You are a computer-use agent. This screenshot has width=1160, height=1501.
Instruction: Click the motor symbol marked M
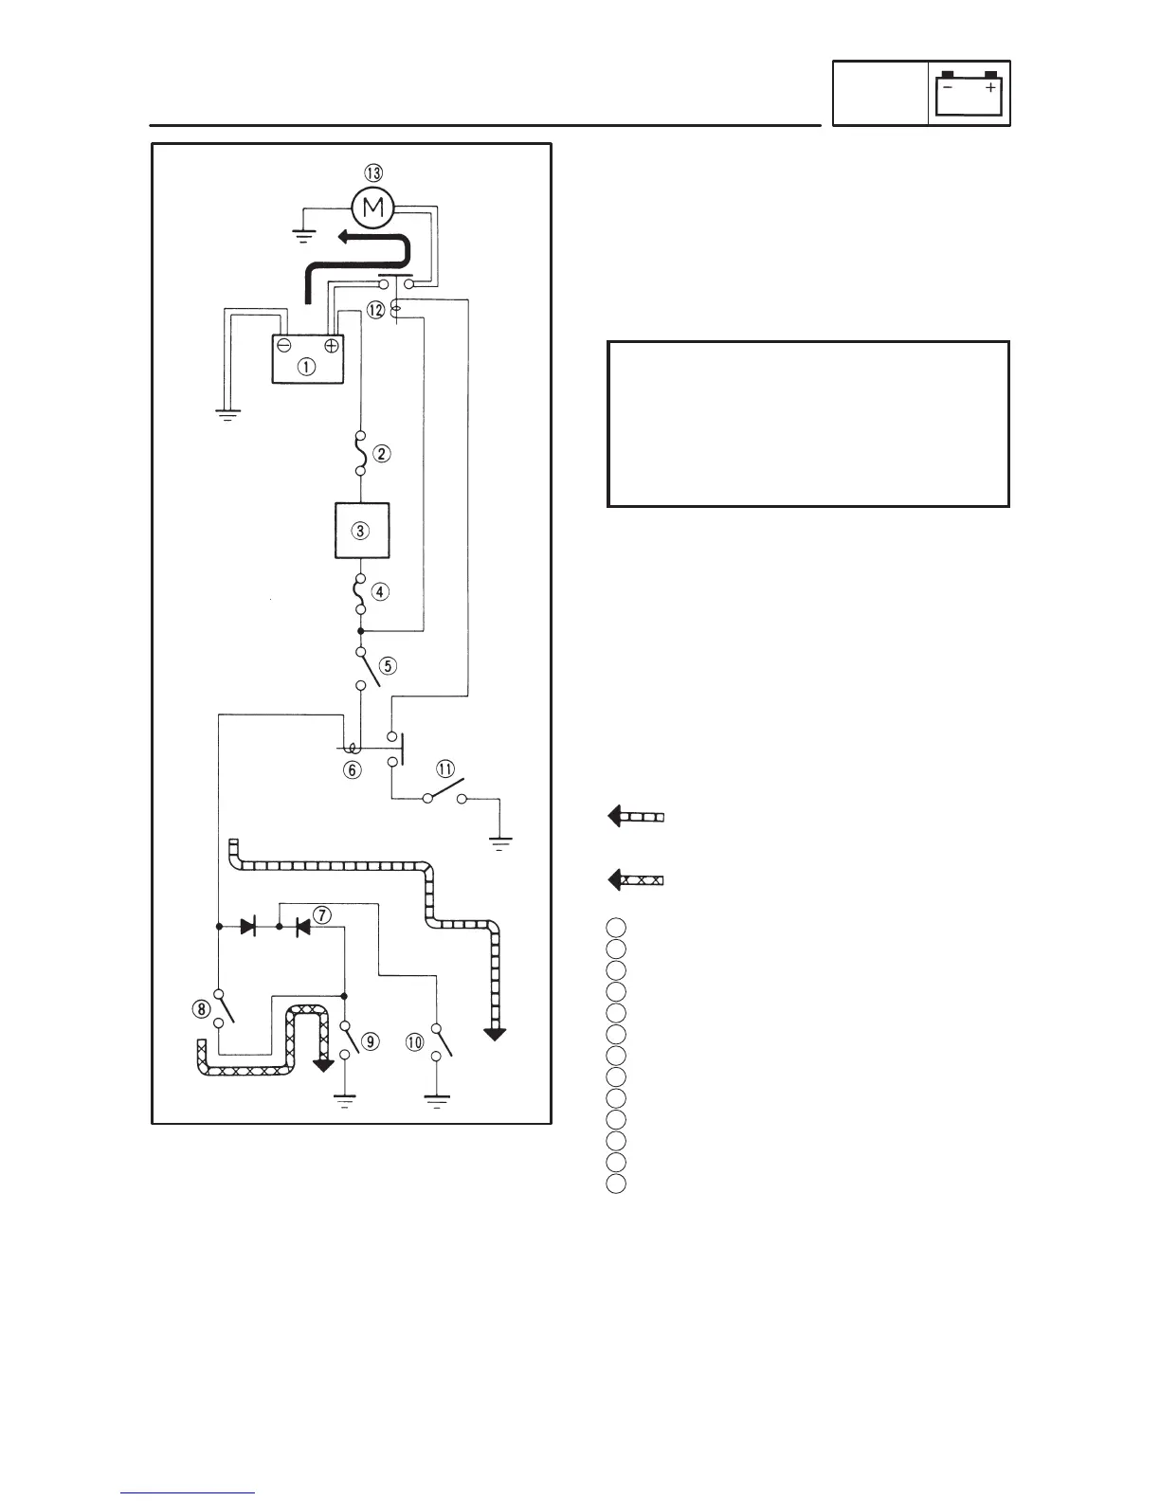(x=373, y=208)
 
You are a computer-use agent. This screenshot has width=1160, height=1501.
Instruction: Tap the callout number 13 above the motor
(x=373, y=172)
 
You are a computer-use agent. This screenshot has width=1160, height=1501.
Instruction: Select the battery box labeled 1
(x=308, y=360)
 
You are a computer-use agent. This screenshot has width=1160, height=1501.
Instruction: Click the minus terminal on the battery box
(x=284, y=346)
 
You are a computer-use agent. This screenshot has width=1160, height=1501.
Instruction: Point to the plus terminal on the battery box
(x=332, y=346)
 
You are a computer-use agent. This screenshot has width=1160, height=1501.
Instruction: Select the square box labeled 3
(x=361, y=531)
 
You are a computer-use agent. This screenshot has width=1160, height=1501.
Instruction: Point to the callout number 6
(x=352, y=770)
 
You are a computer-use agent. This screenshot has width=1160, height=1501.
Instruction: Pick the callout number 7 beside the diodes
(x=322, y=915)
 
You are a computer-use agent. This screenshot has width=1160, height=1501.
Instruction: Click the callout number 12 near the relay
(x=376, y=309)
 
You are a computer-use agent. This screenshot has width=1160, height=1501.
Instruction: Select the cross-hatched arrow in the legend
(x=635, y=879)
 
